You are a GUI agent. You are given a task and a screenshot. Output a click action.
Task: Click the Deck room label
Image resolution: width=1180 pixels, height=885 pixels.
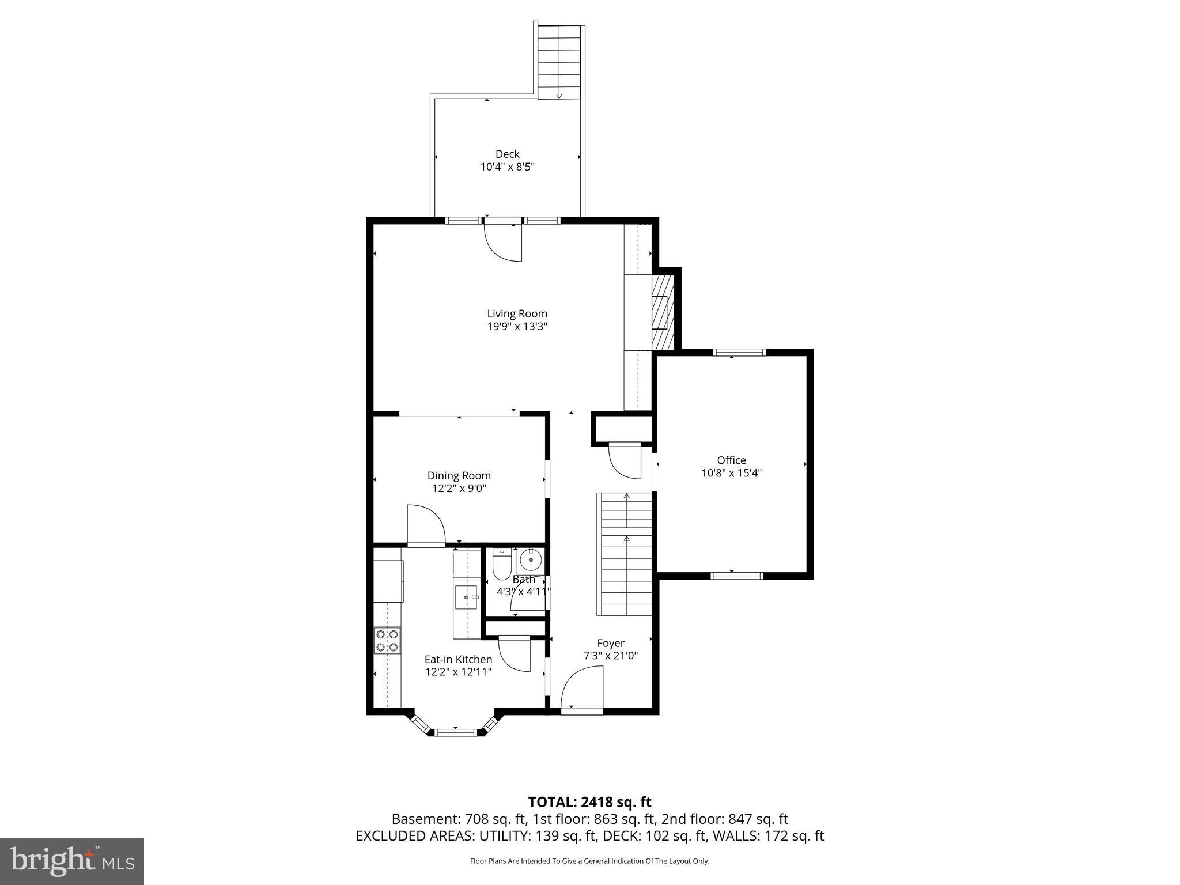pyautogui.click(x=507, y=154)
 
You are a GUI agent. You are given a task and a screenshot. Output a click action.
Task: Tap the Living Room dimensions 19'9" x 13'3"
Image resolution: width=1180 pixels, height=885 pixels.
pyautogui.click(x=517, y=327)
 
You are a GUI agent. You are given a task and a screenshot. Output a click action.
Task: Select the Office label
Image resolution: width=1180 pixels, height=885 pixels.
pyautogui.click(x=731, y=460)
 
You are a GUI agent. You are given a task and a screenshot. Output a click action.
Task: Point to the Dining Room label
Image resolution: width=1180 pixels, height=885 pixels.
pyautogui.click(x=459, y=475)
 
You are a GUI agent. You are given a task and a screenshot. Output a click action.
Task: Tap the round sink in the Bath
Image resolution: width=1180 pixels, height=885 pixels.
pyautogui.click(x=530, y=559)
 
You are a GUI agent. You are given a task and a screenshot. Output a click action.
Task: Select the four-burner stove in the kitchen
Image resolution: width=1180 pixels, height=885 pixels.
pyautogui.click(x=387, y=641)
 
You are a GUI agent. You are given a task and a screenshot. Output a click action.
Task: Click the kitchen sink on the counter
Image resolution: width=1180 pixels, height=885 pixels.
pyautogui.click(x=466, y=597)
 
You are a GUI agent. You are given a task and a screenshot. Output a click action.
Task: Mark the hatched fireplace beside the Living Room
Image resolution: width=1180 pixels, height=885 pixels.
pyautogui.click(x=662, y=312)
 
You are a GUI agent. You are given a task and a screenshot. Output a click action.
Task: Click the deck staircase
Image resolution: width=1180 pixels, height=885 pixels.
pyautogui.click(x=559, y=62)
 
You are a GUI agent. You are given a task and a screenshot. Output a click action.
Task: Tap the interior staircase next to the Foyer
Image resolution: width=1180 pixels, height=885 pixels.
pyautogui.click(x=626, y=553)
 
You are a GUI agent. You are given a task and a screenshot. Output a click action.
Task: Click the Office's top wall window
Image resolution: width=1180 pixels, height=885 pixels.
pyautogui.click(x=739, y=352)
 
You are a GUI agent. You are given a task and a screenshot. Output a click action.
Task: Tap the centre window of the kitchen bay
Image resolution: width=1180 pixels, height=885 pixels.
pyautogui.click(x=456, y=732)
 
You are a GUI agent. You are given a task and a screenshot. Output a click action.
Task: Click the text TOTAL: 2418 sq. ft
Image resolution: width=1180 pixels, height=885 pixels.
pyautogui.click(x=589, y=802)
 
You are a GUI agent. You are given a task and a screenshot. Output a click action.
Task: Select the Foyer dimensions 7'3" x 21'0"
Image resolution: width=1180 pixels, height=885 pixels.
pyautogui.click(x=610, y=656)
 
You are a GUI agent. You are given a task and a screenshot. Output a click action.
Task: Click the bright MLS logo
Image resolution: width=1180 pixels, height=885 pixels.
pyautogui.click(x=72, y=861)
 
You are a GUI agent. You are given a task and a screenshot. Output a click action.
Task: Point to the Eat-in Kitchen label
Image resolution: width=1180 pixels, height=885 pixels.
pyautogui.click(x=458, y=659)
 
